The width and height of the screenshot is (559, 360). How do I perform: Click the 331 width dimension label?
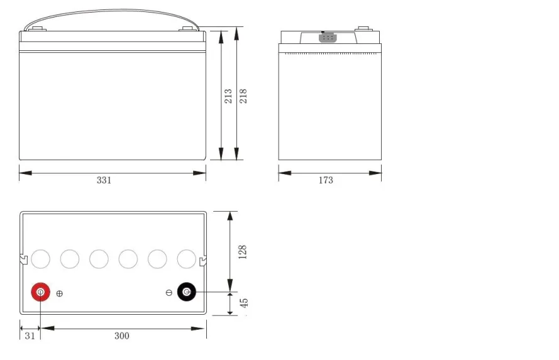click(x=104, y=180)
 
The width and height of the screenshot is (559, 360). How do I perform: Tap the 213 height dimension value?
click(x=228, y=96)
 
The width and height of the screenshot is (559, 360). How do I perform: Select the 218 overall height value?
click(x=243, y=96)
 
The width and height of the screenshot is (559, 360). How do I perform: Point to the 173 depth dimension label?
click(x=326, y=180)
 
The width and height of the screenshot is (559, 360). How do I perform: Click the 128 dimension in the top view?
click(x=243, y=252)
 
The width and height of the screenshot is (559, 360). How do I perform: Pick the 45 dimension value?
click(x=244, y=303)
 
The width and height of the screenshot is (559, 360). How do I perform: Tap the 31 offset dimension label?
click(x=30, y=335)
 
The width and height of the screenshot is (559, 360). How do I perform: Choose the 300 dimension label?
click(x=122, y=335)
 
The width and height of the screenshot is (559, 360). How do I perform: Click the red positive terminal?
click(x=41, y=292)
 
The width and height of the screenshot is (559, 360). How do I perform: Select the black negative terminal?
click(x=187, y=292)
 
